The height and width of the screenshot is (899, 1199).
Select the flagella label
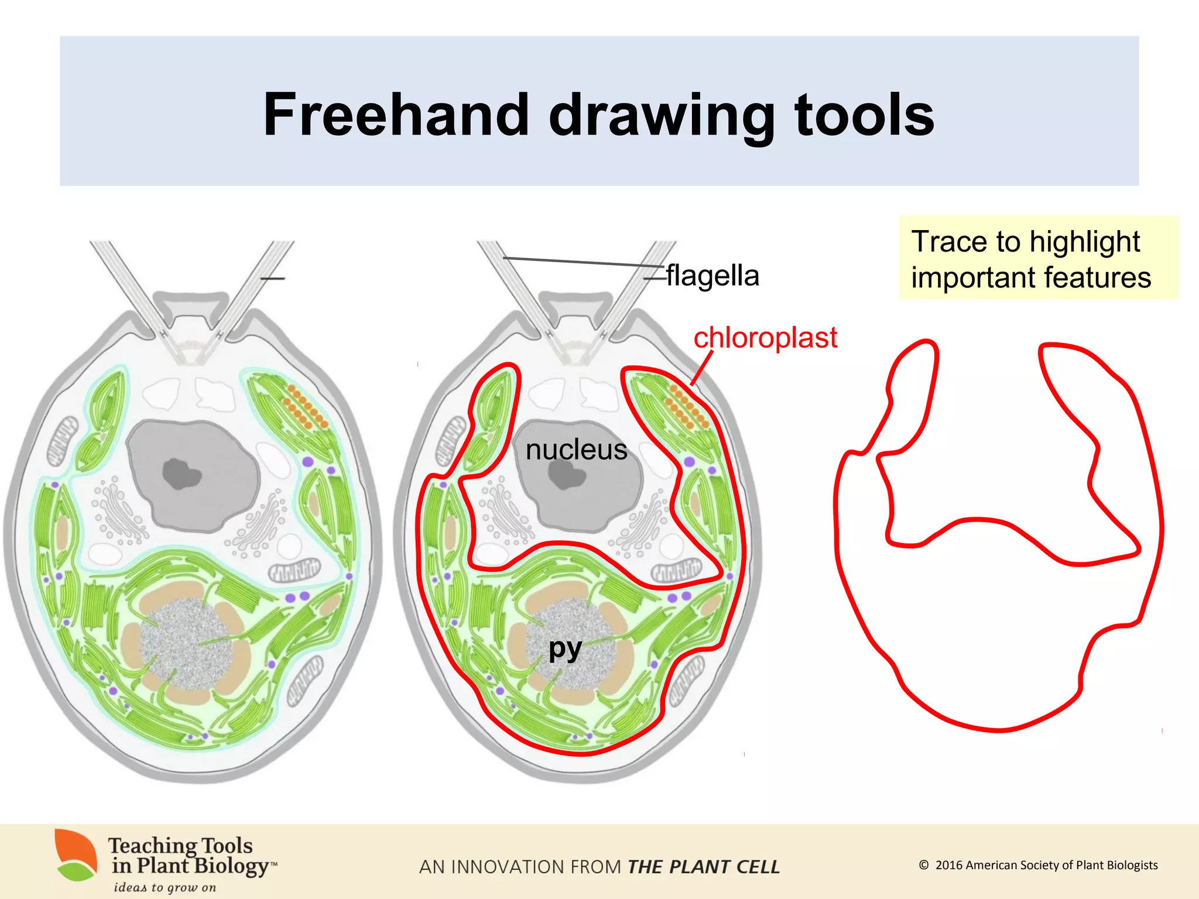click(x=712, y=275)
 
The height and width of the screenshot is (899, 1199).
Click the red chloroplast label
click(x=765, y=338)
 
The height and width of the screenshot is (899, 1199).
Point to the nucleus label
click(x=576, y=449)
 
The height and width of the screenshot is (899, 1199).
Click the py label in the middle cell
click(x=565, y=648)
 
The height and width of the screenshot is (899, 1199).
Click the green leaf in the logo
click(x=76, y=871)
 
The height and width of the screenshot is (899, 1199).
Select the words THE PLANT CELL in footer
click(x=703, y=867)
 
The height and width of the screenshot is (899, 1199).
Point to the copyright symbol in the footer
click(x=923, y=865)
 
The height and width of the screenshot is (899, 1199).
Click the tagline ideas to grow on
click(x=165, y=887)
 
